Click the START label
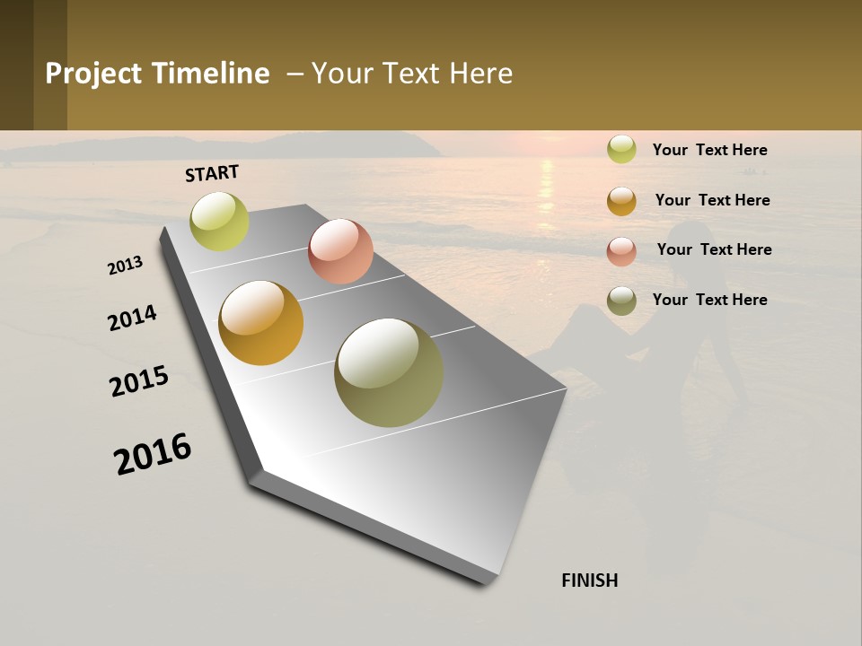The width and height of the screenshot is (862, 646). click(212, 173)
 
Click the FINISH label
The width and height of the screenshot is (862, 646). click(589, 581)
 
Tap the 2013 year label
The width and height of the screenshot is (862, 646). click(125, 265)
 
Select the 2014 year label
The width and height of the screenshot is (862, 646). click(132, 318)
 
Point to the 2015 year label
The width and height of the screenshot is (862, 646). click(139, 381)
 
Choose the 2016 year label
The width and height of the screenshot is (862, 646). click(153, 454)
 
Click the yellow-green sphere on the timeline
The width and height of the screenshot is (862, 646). click(219, 222)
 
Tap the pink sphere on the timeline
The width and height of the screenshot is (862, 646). click(340, 251)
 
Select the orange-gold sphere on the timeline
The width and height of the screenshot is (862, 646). click(260, 323)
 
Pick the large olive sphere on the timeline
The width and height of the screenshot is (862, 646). click(389, 372)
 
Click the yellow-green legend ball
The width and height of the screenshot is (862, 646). click(621, 150)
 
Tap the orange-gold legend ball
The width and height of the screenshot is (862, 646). click(621, 201)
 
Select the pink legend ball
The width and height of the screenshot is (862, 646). click(621, 251)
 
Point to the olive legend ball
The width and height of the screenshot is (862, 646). click(621, 301)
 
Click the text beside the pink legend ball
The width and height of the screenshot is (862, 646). click(714, 249)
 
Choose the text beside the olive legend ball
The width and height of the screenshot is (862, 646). click(709, 300)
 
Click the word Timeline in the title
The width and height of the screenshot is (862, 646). click(210, 74)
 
